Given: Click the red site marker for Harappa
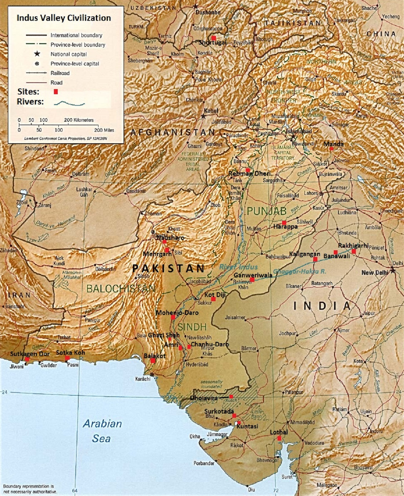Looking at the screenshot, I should (284, 223).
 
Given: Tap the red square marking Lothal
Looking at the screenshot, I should (279, 438).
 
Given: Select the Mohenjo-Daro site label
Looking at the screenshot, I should (177, 312).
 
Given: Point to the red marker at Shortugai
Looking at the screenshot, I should (214, 38).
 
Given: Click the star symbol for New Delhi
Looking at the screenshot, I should (393, 271).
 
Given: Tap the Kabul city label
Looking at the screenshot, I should (211, 111).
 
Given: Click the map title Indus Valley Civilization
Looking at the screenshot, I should (64, 18).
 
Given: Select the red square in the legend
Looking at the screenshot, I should (56, 92).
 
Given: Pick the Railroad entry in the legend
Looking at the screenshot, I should (60, 73).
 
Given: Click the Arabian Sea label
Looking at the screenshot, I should (102, 431).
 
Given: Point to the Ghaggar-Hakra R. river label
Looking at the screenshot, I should (299, 271).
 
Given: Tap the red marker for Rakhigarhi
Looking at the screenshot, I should (354, 252).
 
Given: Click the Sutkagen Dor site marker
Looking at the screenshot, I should (27, 359).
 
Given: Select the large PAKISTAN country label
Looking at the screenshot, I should (168, 268).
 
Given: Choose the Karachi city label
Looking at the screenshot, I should (143, 379).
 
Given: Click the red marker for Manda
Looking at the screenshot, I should (332, 148).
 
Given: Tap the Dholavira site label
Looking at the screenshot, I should (204, 398).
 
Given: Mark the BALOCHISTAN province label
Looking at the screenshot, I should (121, 288).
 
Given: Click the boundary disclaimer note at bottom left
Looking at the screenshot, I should (30, 489).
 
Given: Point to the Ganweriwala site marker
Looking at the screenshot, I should (252, 280).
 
